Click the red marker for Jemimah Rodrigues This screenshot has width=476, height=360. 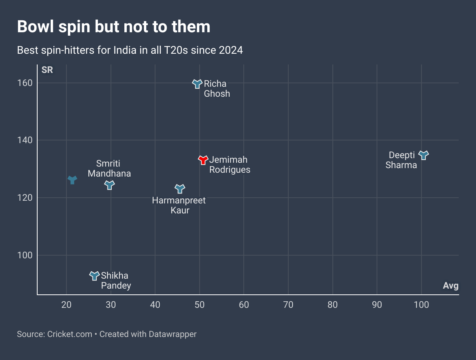[203, 160]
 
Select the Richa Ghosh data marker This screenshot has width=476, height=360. [197, 84]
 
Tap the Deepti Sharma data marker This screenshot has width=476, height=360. [423, 155]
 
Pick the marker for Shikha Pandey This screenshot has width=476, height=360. [94, 276]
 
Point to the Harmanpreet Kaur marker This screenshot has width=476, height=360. [180, 188]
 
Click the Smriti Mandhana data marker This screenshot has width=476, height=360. [109, 185]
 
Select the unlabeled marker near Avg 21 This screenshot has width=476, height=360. [72, 179]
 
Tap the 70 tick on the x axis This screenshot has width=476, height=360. [288, 305]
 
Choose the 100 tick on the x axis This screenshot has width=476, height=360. [421, 305]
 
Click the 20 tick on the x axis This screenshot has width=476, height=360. [66, 305]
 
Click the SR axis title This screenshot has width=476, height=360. [47, 70]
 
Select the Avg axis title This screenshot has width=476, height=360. [451, 286]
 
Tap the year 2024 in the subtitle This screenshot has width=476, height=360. [231, 50]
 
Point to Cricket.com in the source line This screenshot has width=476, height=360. [69, 334]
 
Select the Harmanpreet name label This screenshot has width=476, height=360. [179, 200]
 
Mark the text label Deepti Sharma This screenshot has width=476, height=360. [402, 160]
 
